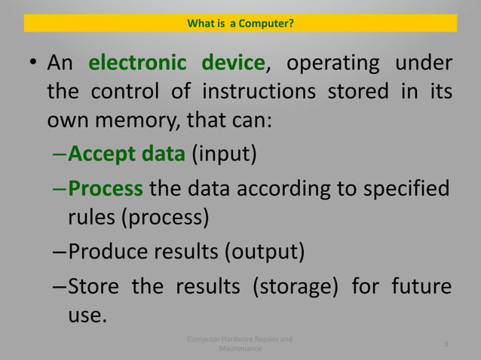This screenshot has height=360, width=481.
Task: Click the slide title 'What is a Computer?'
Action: point(240,24)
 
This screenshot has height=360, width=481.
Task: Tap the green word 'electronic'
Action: point(136,63)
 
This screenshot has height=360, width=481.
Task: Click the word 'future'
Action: point(421,287)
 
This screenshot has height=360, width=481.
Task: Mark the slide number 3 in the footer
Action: point(446,344)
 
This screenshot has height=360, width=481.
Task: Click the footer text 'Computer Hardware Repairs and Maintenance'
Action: point(240,344)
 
